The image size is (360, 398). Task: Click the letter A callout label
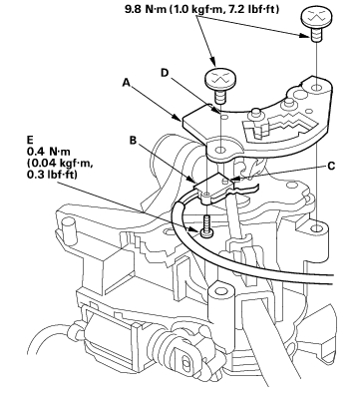point(126,82)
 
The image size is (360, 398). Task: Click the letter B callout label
point(133,141)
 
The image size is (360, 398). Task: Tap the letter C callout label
point(331,166)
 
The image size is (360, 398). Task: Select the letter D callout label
point(166,73)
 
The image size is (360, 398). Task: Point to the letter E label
point(31,139)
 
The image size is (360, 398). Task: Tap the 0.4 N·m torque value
point(49,152)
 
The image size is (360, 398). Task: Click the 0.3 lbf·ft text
point(52,175)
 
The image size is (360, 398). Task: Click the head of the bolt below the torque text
point(216,79)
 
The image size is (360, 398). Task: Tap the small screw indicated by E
point(207,226)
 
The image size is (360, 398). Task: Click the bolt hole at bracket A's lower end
point(220,150)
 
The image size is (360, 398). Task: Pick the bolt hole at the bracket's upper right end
point(317,89)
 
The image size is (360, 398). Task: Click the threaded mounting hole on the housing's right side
point(317,228)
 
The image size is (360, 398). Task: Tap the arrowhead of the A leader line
point(179,118)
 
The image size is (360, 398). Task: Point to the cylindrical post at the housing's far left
point(69,228)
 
